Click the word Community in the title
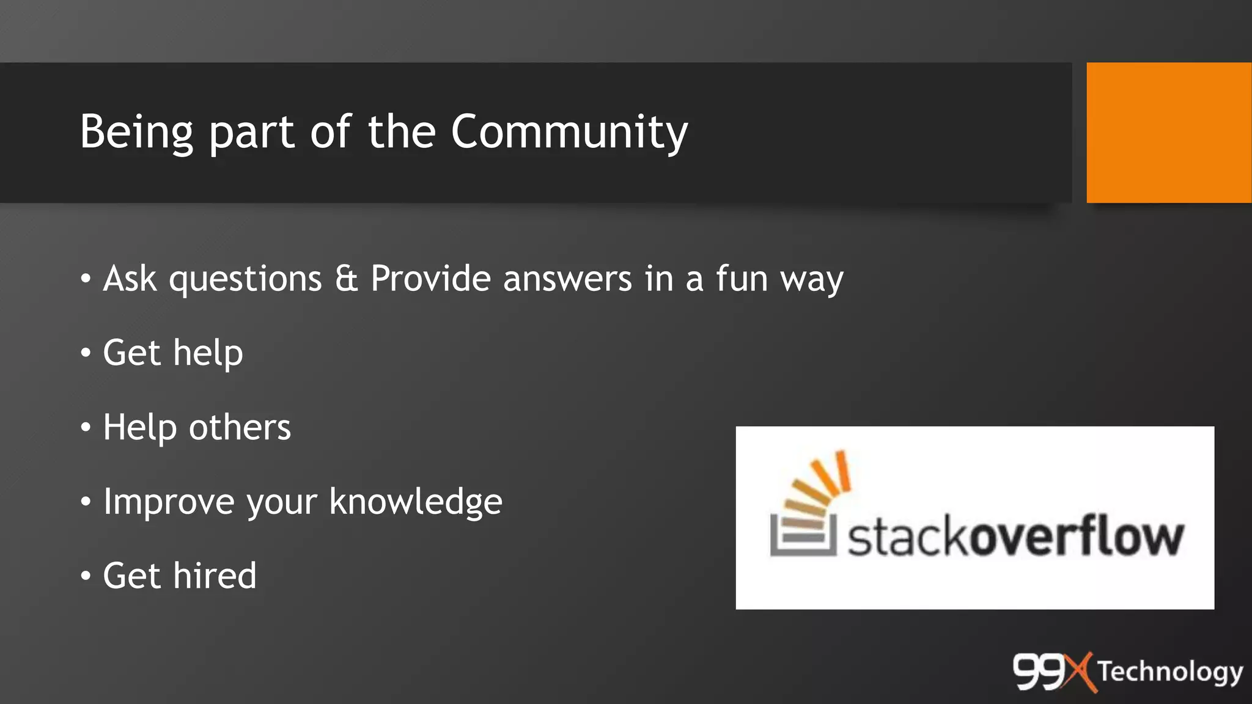569,132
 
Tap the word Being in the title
136,132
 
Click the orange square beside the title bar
1168,133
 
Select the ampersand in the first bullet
346,279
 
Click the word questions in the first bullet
245,280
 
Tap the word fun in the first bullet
742,279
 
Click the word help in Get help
208,353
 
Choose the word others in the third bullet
240,427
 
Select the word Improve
169,502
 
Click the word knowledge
416,502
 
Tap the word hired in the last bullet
215,576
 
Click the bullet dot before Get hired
86,576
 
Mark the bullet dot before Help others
86,427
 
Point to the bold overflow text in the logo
1077,537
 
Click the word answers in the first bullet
567,279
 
